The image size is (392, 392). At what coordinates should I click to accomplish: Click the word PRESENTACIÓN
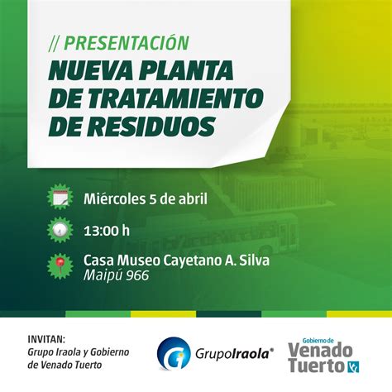click(x=127, y=44)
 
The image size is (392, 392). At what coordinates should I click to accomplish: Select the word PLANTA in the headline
click(x=186, y=70)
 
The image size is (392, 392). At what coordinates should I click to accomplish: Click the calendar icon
click(x=60, y=197)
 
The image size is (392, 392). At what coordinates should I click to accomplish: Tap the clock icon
click(x=60, y=230)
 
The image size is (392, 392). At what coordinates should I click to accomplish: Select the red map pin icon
click(x=60, y=266)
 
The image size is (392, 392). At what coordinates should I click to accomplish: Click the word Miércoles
click(x=115, y=199)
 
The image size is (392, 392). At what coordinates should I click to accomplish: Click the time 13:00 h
click(x=107, y=231)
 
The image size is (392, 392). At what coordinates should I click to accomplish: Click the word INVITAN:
click(x=46, y=339)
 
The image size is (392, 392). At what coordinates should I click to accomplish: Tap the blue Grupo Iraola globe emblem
click(x=174, y=353)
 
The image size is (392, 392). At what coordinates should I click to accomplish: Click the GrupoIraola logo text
click(x=235, y=354)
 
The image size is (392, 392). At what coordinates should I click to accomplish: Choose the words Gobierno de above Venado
click(x=318, y=341)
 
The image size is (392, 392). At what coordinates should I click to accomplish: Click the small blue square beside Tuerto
click(x=353, y=366)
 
